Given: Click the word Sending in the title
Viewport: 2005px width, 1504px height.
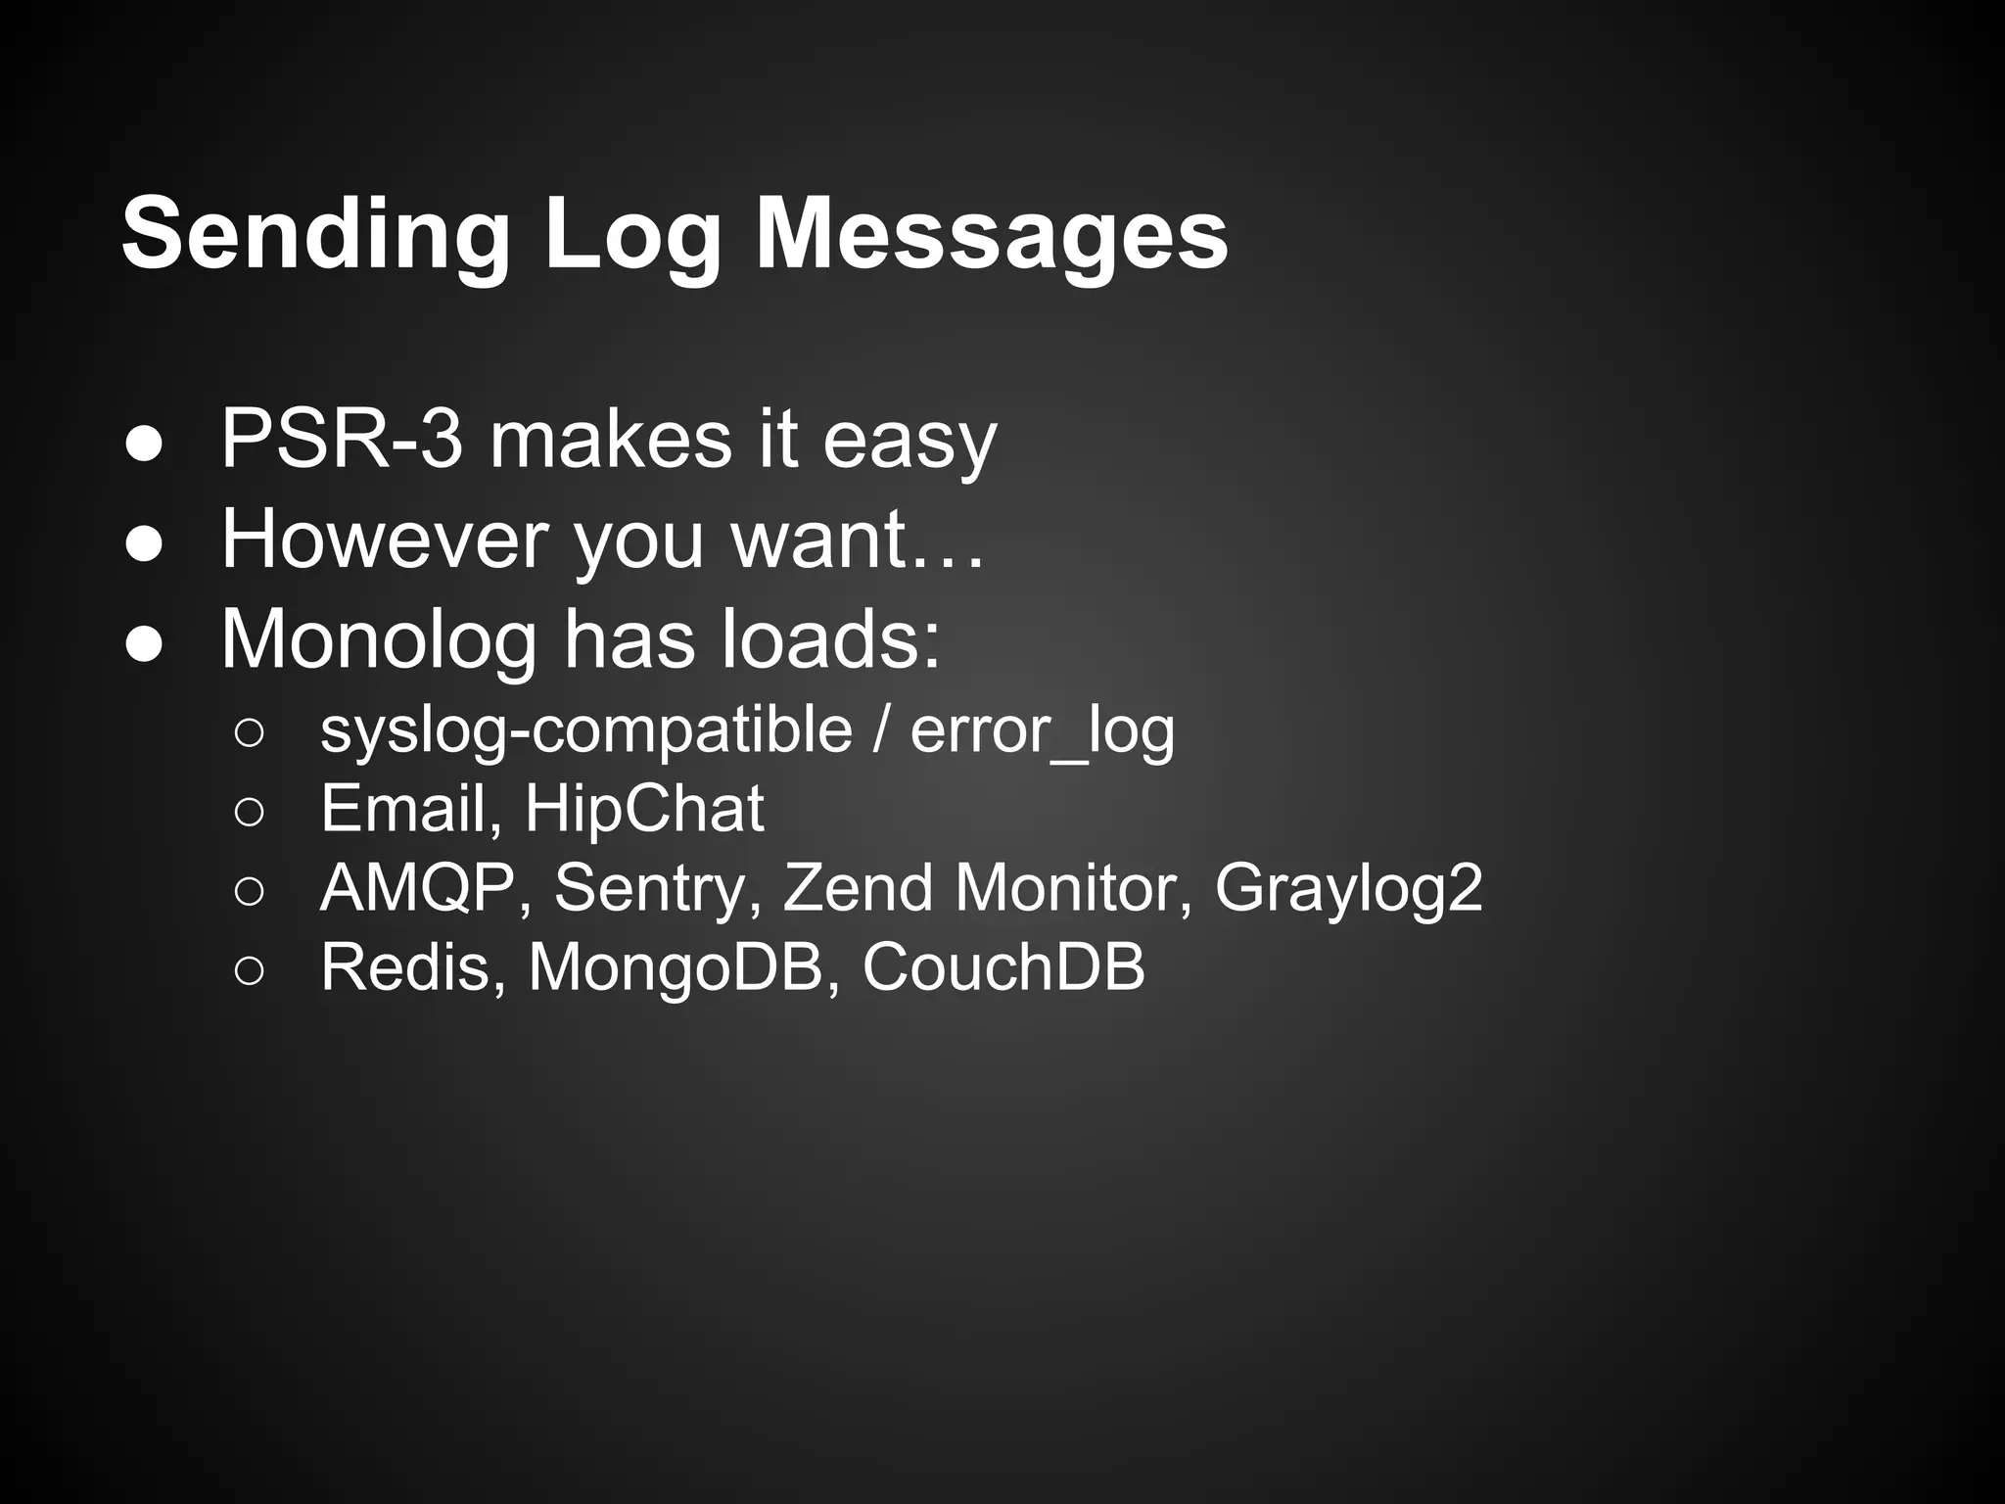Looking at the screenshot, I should click(x=315, y=236).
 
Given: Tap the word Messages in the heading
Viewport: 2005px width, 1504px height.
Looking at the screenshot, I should click(x=992, y=236).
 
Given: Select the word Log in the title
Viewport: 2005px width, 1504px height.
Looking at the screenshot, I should click(x=632, y=236).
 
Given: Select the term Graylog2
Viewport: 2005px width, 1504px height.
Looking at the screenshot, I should click(x=1348, y=888).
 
